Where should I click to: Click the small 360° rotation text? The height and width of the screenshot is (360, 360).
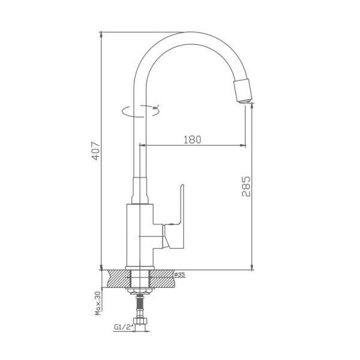pyautogui.click(x=157, y=107)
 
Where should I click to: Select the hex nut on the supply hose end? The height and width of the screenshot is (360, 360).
pyautogui.click(x=141, y=325)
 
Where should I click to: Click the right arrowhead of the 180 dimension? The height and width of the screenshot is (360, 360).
pyautogui.click(x=242, y=145)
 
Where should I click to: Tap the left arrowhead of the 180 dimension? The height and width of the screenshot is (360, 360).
pyautogui.click(x=143, y=145)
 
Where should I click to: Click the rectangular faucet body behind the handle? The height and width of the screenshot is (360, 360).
pyautogui.click(x=140, y=235)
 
